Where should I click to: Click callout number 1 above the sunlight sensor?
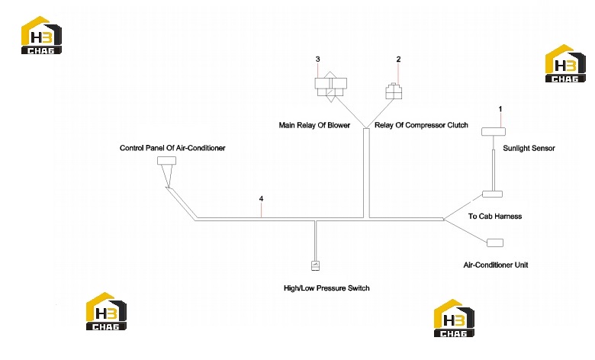pyautogui.click(x=500, y=109)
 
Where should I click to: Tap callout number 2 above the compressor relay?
pyautogui.click(x=398, y=59)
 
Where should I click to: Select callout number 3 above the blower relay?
pyautogui.click(x=317, y=59)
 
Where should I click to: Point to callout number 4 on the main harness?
pyautogui.click(x=261, y=199)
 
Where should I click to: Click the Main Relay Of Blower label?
pyautogui.click(x=314, y=125)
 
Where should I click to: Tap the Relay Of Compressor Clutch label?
pyautogui.click(x=421, y=125)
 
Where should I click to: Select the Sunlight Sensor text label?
pyautogui.click(x=529, y=148)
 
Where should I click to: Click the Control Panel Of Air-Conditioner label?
pyautogui.click(x=172, y=148)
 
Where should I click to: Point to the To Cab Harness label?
pyautogui.click(x=495, y=216)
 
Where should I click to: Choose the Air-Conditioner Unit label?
pyautogui.click(x=496, y=265)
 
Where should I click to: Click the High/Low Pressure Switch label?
pyautogui.click(x=326, y=288)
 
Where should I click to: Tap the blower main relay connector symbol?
pyautogui.click(x=330, y=87)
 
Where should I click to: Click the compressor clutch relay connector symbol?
pyautogui.click(x=394, y=92)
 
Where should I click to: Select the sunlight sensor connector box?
pyautogui.click(x=494, y=132)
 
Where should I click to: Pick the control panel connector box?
pyautogui.click(x=166, y=161)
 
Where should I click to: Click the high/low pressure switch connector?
pyautogui.click(x=315, y=265)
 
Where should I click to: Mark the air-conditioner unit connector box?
pyautogui.click(x=495, y=243)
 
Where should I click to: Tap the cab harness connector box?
pyautogui.click(x=492, y=194)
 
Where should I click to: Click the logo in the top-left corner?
pyautogui.click(x=41, y=35)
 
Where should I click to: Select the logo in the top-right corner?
pyautogui.click(x=565, y=63)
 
